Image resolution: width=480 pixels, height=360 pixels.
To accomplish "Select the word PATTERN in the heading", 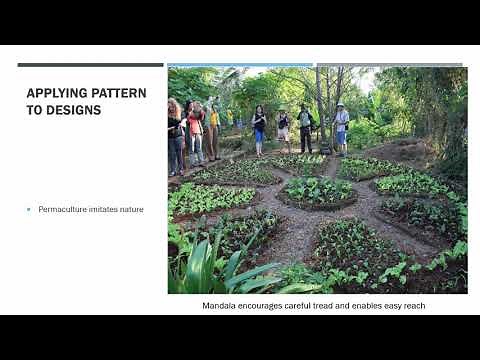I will (x=120, y=93).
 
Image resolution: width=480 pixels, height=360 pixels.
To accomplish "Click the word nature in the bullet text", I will (x=130, y=209).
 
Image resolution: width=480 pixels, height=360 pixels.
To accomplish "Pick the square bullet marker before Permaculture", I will (x=29, y=209).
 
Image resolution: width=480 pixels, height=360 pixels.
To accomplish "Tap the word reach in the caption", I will (x=411, y=305).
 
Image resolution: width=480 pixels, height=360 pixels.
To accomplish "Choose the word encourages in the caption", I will (x=264, y=305).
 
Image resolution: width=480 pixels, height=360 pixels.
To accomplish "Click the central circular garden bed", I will (x=318, y=190).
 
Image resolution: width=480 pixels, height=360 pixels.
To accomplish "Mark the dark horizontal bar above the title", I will (x=90, y=65).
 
